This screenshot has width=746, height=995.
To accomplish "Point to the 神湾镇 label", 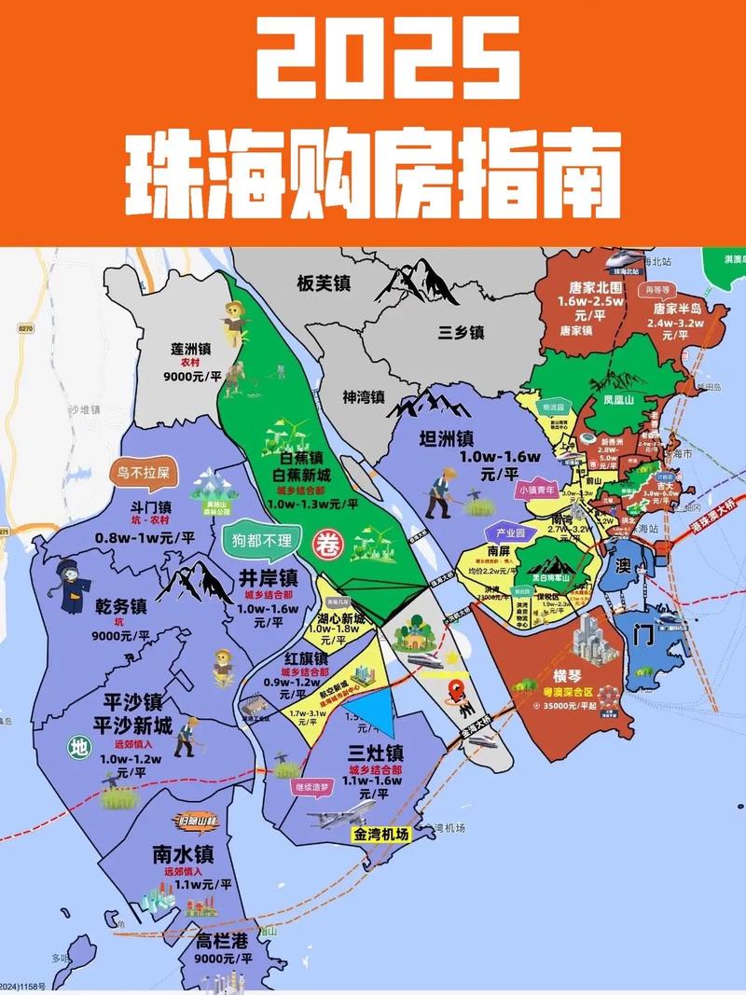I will click(x=364, y=396).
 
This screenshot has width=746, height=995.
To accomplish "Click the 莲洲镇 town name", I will click(x=190, y=348).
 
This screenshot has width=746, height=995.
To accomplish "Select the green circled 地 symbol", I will click(x=79, y=747).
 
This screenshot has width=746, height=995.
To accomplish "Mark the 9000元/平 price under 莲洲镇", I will click(x=190, y=378).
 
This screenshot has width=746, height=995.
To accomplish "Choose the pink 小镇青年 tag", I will click(x=535, y=490).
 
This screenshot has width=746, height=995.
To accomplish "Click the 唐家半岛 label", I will click(x=677, y=309).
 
